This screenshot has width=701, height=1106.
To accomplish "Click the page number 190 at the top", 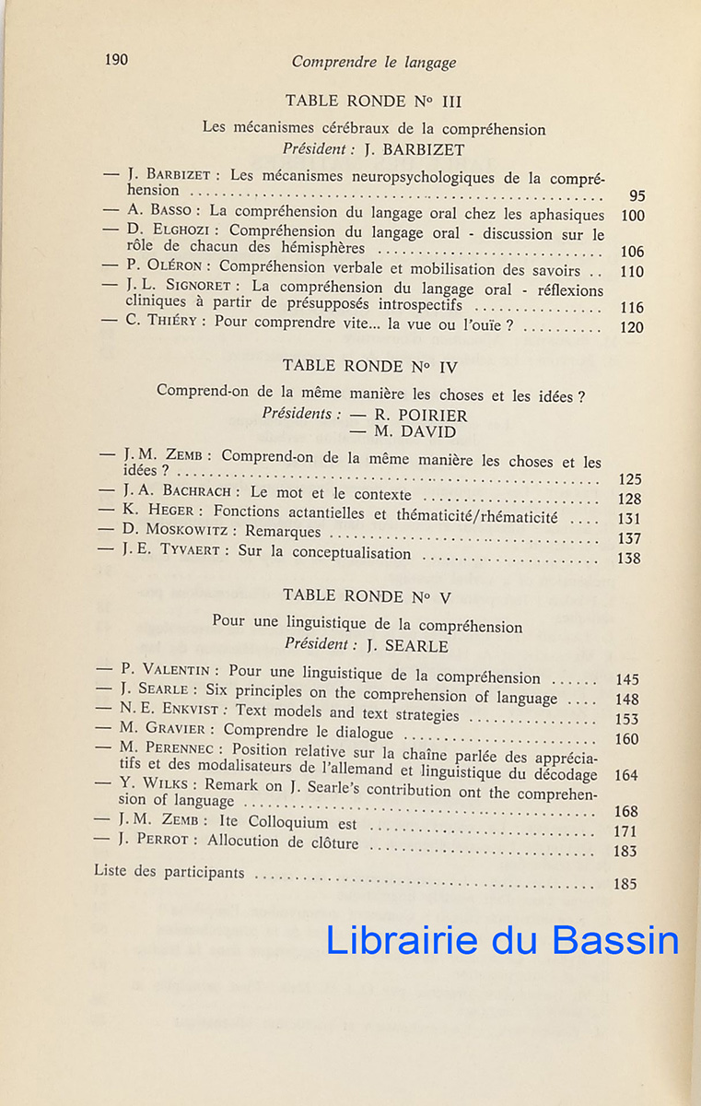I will [116, 60].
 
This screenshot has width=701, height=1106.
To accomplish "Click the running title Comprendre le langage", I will [373, 63].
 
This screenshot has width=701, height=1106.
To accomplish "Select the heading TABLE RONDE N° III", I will [373, 101].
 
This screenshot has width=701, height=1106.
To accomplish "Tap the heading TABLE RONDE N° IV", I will [370, 366].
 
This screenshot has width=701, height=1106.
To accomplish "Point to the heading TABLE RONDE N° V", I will [367, 595].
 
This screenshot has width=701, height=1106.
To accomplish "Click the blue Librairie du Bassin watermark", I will [502, 939].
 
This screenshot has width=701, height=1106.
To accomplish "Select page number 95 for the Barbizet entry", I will [637, 195].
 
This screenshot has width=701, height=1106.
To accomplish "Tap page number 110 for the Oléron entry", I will [632, 272].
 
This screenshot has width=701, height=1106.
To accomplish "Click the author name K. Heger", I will [164, 511].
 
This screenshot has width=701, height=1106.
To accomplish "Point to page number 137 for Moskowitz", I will [630, 538].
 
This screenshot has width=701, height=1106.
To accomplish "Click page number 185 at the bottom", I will [625, 884].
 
